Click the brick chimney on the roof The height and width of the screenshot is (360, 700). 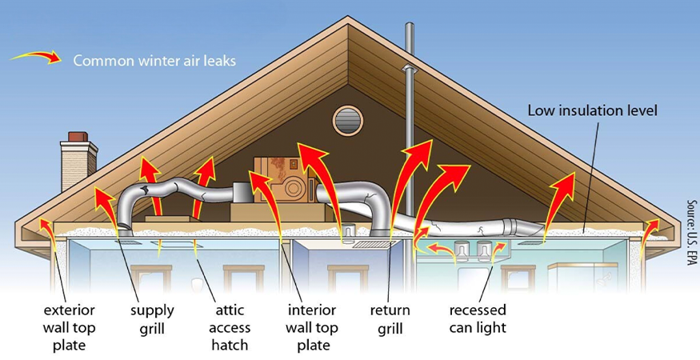coord(78,161)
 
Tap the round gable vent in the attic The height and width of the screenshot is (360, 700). coord(348,121)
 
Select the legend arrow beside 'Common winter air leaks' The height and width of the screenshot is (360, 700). coord(36,57)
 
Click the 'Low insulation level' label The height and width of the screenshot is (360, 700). coord(593,110)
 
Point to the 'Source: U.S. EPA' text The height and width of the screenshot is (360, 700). coord(692,232)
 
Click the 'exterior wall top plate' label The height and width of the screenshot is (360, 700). coord(69,328)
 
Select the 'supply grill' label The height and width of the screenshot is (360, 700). coord(152,319)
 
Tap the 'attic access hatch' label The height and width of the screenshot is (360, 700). coord(230,328)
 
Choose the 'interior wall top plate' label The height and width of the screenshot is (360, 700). coord(312,328)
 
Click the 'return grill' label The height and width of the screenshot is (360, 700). coord(390,319)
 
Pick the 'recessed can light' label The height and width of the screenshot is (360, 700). coord(478,319)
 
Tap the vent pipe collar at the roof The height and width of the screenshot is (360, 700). coord(409,68)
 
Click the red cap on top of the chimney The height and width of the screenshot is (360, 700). coord(78,137)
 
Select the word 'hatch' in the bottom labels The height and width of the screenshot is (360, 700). coord(230,346)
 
